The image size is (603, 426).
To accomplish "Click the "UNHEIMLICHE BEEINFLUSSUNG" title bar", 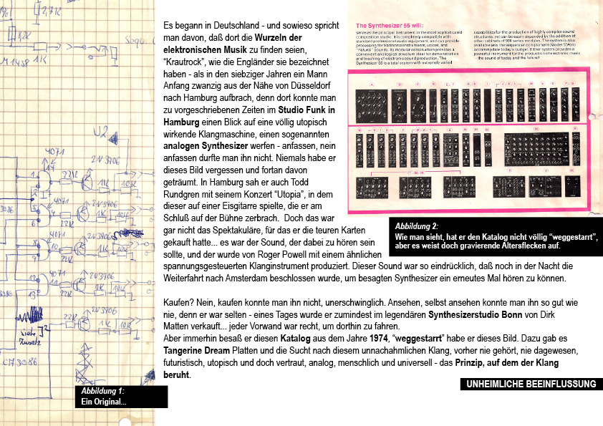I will tap(531, 384).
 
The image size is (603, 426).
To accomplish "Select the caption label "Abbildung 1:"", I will tap(102, 392).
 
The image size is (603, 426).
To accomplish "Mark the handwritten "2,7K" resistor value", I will tap(51, 11).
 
